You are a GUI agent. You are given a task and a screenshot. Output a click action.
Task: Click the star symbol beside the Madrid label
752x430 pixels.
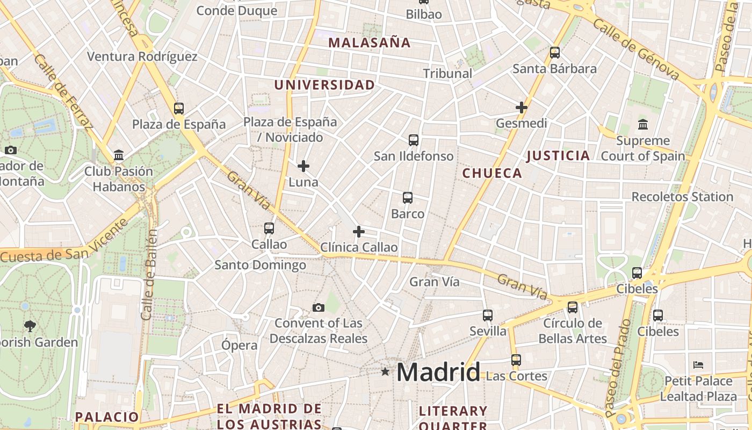pos(385,371)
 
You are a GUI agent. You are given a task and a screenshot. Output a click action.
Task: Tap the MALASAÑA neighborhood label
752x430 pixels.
pos(369,42)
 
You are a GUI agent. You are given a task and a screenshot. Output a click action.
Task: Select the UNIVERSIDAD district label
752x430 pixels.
pos(324,85)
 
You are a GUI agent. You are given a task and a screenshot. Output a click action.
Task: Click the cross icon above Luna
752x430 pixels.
pos(303,166)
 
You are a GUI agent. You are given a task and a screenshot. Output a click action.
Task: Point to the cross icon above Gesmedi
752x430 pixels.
pos(521,107)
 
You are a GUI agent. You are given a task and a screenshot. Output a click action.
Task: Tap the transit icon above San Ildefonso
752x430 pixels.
pos(413,140)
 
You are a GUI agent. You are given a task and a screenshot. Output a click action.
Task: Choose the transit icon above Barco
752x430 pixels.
pos(408,198)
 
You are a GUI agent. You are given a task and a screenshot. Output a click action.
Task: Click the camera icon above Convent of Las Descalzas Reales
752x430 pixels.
pos(319,307)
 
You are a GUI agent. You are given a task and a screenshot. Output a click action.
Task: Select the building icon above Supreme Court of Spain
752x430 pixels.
pos(642,125)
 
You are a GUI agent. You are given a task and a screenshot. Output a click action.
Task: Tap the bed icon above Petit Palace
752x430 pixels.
pos(698,364)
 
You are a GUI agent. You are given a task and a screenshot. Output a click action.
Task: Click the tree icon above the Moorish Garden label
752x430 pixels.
pos(30,325)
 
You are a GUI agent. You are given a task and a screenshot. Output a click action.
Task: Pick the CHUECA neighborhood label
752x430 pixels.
pos(492,173)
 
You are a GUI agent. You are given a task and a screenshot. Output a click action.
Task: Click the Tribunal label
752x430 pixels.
pos(447,74)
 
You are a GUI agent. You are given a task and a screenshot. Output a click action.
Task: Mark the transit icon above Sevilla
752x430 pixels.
pos(488,315)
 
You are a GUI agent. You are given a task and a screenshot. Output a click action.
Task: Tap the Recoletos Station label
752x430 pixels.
pos(682,197)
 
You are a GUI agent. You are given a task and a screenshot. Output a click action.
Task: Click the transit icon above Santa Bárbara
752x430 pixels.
pos(555,53)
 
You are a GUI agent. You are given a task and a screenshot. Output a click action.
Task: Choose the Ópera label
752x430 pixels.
pos(240,345)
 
